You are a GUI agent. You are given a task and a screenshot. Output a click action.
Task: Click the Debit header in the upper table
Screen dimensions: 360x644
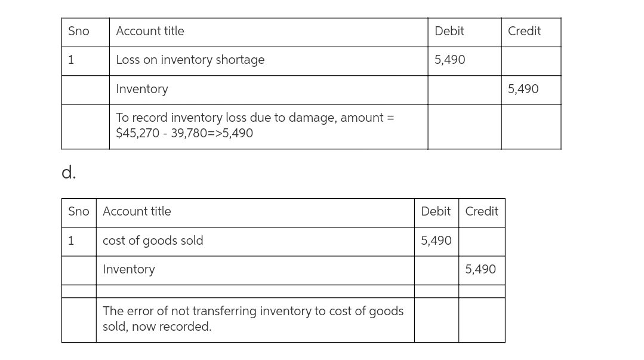tap(449, 31)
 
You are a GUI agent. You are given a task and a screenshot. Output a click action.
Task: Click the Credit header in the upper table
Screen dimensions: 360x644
tap(524, 31)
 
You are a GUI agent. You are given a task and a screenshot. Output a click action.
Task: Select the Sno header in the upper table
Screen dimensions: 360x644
tap(79, 31)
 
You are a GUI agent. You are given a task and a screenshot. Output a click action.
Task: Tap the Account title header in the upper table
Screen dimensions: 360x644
tap(150, 31)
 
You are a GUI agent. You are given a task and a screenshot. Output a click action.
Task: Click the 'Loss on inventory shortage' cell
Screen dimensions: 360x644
tap(190, 60)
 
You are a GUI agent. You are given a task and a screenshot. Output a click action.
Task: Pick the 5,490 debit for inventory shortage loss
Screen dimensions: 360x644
tap(450, 60)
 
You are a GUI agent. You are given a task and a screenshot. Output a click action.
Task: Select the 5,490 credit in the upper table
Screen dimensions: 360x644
tap(523, 89)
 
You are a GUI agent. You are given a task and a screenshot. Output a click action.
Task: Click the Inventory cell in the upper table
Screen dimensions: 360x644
tap(142, 89)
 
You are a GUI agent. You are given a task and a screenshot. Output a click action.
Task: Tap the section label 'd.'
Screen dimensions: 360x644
tap(69, 173)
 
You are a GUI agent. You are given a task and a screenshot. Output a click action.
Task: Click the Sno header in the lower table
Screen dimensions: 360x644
tap(79, 211)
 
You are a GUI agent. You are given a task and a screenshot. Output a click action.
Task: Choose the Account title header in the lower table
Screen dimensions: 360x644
tap(137, 211)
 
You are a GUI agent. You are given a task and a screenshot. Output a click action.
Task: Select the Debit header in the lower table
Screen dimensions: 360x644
tap(436, 211)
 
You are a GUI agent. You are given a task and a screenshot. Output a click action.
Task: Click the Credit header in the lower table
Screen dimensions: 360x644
tap(482, 211)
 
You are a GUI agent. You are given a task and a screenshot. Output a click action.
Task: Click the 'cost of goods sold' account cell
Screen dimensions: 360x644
tap(153, 241)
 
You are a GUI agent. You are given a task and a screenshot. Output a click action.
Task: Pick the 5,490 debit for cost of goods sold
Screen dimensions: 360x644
tap(436, 241)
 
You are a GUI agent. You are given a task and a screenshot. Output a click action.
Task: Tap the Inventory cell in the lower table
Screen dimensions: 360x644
tap(128, 269)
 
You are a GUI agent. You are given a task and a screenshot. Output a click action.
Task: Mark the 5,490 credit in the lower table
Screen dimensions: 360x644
tap(480, 269)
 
